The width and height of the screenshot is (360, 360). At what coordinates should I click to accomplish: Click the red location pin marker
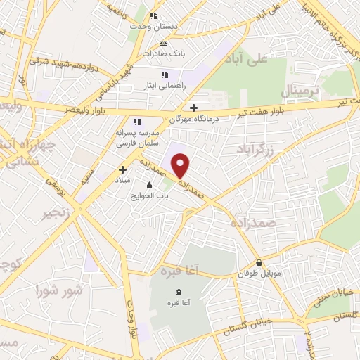(181, 165)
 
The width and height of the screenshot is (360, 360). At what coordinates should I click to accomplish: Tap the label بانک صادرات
(157, 53)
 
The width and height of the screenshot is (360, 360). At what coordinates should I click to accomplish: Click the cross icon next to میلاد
(122, 169)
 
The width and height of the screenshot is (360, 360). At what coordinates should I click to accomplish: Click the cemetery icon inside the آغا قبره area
(178, 292)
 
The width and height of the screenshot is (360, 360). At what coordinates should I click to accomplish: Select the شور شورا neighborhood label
(60, 290)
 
